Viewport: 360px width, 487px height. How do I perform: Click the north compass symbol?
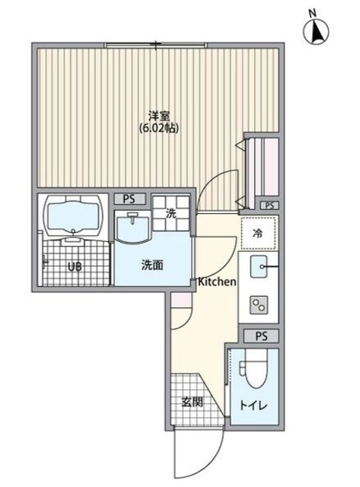[316, 30]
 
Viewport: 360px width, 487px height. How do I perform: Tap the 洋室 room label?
[158, 116]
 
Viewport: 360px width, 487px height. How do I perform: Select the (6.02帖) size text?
[159, 129]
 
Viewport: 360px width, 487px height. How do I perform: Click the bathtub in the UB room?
[74, 217]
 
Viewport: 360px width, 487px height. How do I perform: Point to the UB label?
[75, 266]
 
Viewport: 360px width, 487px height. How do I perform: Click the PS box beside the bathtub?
[129, 199]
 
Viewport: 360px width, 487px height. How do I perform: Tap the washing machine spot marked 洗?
[170, 213]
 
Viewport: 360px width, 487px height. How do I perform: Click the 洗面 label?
[152, 266]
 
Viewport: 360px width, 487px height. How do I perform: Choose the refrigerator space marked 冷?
[259, 234]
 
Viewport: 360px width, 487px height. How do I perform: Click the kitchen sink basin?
[259, 266]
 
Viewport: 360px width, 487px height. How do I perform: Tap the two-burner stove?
[259, 304]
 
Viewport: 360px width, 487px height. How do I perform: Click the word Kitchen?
[217, 282]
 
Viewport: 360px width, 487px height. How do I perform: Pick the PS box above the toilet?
[261, 336]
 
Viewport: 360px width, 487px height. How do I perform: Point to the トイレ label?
[253, 405]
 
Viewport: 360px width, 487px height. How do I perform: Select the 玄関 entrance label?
[192, 402]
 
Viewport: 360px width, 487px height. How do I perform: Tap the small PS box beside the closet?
[269, 205]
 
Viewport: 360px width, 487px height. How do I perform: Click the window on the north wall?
[155, 46]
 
